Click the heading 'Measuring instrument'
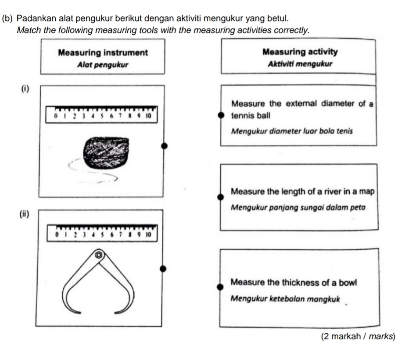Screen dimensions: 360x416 103,53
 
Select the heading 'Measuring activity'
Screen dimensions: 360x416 300,52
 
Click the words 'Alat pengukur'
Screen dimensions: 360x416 103,65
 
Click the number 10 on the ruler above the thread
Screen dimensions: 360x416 148,116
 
